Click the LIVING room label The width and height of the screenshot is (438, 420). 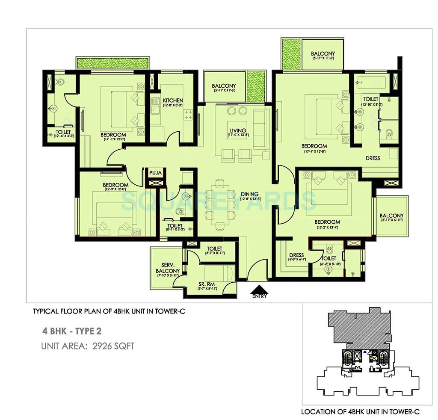[x=238, y=130]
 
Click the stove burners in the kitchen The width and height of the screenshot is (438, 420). [x=188, y=114]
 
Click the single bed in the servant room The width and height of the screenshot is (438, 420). [x=219, y=273]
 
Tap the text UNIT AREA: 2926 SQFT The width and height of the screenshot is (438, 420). [x=88, y=346]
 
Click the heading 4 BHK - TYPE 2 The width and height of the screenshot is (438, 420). [x=72, y=331]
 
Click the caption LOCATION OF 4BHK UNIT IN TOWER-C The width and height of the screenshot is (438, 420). [x=360, y=411]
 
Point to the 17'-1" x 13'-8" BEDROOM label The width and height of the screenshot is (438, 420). [x=314, y=146]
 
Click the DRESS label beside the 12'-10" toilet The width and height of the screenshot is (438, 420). [x=373, y=158]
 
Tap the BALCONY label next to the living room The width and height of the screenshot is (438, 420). [x=224, y=86]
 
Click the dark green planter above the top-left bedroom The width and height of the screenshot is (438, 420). [x=112, y=62]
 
